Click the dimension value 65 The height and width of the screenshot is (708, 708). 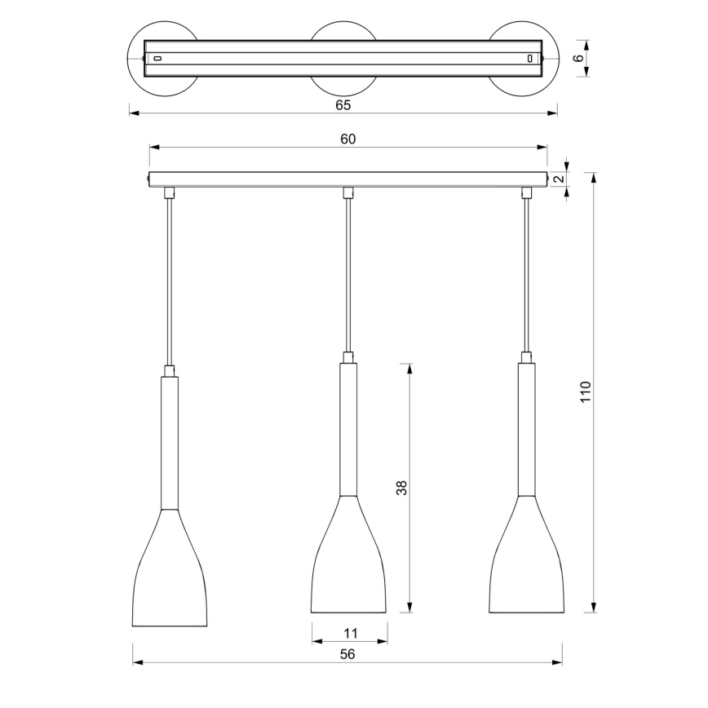(343, 104)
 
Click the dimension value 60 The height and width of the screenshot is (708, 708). (347, 139)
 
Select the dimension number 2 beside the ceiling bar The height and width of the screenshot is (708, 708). (558, 179)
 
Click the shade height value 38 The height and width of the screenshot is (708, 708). (401, 488)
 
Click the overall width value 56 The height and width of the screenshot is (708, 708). (347, 653)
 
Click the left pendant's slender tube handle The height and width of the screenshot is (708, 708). (170, 440)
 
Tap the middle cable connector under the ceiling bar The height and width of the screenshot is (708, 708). (348, 192)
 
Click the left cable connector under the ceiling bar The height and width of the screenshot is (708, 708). (170, 192)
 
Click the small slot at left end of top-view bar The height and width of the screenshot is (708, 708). (158, 59)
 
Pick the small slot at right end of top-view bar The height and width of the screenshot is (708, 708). (530, 59)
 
